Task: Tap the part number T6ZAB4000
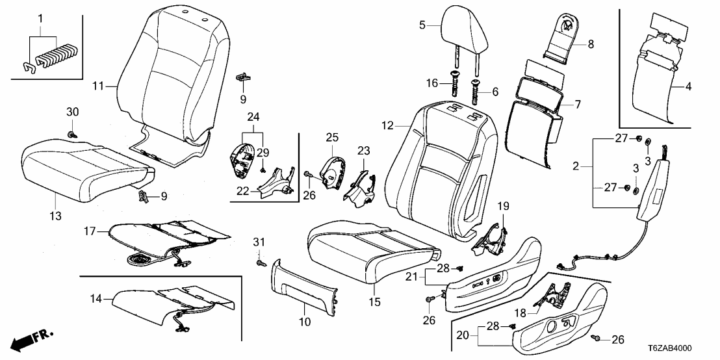click(686, 349)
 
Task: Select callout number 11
click(97, 85)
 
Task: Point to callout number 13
click(55, 214)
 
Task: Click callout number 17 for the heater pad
click(90, 231)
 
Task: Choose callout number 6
click(495, 93)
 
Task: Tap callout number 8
click(591, 44)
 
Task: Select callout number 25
click(332, 138)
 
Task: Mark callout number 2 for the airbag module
click(576, 168)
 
